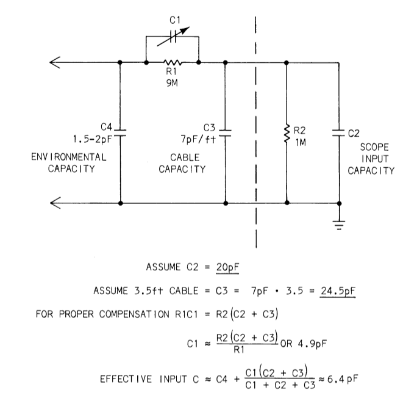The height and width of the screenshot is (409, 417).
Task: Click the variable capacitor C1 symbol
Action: pos(173,37)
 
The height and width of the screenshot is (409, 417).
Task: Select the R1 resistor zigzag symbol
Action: pos(173,62)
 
